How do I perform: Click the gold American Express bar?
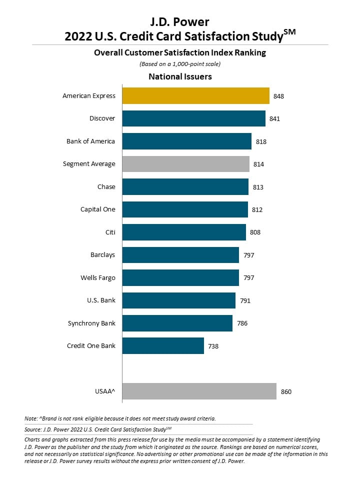click(196, 96)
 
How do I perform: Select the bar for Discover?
click(194, 118)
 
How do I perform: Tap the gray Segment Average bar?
click(186, 164)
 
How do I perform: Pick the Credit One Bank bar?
click(163, 346)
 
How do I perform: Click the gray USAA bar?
click(199, 391)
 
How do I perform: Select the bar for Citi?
click(184, 232)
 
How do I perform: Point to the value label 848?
click(278, 96)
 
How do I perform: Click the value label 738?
click(213, 346)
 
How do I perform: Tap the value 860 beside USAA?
click(286, 392)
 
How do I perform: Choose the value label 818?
click(261, 141)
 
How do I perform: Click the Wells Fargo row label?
click(98, 278)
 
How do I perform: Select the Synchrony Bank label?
click(91, 323)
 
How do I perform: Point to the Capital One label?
click(98, 209)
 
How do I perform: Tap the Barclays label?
click(103, 255)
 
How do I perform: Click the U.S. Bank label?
click(101, 300)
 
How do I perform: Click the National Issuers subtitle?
click(180, 76)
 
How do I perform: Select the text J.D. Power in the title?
click(179, 22)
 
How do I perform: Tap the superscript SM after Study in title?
click(289, 32)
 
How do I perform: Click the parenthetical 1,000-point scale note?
click(180, 64)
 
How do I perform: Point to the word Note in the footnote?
click(30, 418)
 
